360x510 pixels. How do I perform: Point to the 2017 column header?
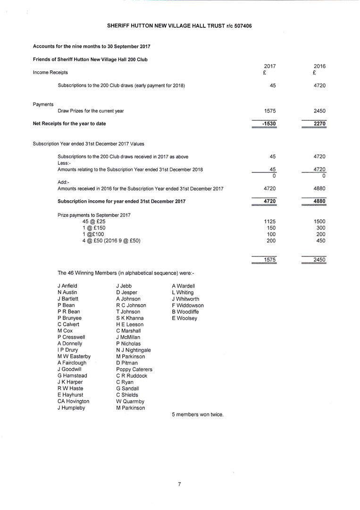(x=270, y=67)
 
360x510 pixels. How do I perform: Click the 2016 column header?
(x=319, y=67)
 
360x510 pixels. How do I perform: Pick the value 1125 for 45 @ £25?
(x=269, y=221)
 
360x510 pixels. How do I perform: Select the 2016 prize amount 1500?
(x=319, y=221)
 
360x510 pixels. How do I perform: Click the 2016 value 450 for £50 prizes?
(x=320, y=241)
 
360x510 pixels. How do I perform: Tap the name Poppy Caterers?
(x=134, y=369)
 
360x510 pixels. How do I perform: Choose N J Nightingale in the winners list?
(x=134, y=350)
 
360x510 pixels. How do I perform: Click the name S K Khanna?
(x=130, y=318)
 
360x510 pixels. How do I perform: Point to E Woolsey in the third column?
(x=184, y=318)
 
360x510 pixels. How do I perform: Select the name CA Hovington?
(x=73, y=401)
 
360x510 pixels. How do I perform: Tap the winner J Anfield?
(x=67, y=286)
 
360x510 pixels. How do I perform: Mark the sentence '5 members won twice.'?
(x=197, y=415)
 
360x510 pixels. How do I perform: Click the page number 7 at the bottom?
(x=180, y=484)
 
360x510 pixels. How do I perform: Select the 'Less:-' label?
(x=64, y=163)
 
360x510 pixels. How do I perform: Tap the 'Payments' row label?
(x=43, y=104)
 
